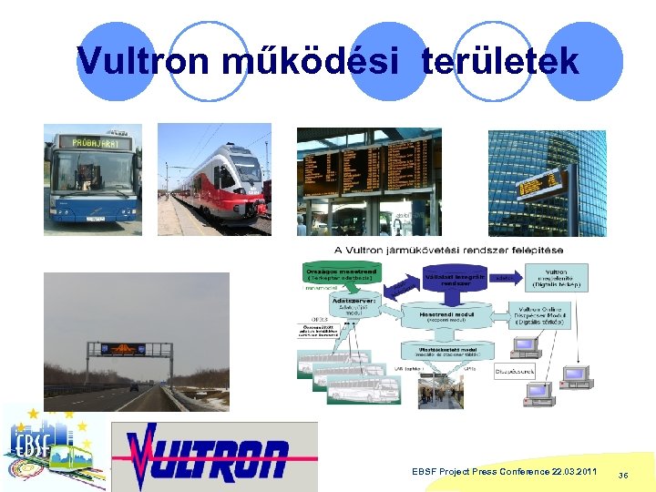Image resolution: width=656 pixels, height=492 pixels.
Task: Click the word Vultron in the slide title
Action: point(133,61)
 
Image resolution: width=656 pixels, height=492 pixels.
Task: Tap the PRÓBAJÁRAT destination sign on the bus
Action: point(93,143)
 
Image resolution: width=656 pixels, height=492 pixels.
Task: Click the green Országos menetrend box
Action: point(341,273)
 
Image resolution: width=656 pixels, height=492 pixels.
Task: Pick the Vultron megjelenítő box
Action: point(556,277)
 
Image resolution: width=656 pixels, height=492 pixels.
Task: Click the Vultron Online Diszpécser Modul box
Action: point(543,315)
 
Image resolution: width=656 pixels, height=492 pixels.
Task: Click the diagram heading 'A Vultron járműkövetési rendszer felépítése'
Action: point(448,250)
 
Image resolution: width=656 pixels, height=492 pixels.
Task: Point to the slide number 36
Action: point(623,475)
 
